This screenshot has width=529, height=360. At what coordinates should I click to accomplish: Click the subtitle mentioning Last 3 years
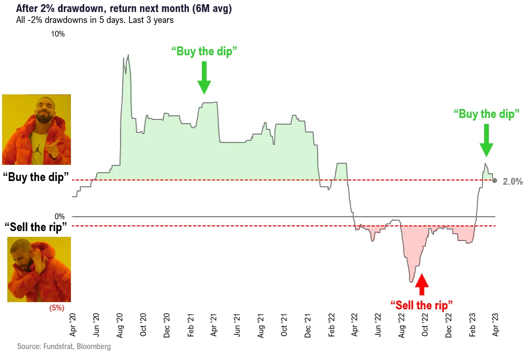[95, 20]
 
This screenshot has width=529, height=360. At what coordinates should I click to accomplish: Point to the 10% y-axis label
[57, 34]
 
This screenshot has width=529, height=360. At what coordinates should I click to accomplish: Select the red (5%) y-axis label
[56, 308]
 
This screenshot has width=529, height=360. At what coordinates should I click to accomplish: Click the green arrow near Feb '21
[205, 77]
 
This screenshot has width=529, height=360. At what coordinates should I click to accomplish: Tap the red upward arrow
[422, 284]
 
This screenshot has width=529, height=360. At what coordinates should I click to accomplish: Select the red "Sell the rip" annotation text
[421, 305]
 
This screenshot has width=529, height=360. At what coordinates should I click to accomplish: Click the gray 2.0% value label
[512, 182]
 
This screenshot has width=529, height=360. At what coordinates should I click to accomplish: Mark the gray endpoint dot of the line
[495, 180]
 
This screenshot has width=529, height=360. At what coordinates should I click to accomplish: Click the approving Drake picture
[37, 129]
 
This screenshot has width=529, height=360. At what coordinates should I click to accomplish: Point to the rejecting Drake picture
[38, 269]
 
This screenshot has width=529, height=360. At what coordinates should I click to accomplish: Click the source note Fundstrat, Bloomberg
[64, 346]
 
